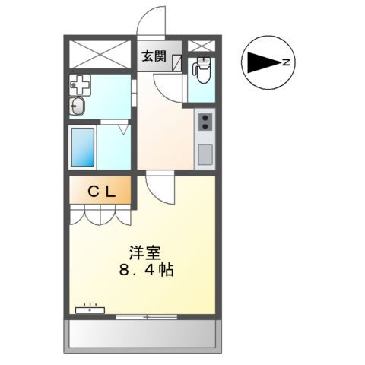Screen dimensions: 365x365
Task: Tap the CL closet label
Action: click(101, 192)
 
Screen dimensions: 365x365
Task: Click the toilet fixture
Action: click(201, 71)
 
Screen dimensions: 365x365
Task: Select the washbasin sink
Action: click(78, 106)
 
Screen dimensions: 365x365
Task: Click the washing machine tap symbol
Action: click(78, 85)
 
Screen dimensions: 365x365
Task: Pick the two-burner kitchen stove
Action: click(205, 122)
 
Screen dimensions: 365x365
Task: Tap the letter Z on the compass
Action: click(285, 62)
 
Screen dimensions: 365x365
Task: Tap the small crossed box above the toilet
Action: click(201, 46)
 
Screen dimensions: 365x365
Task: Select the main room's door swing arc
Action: click(157, 187)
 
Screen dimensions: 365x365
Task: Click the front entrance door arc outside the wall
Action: click(152, 21)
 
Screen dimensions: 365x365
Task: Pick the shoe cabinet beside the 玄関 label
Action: click(176, 62)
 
